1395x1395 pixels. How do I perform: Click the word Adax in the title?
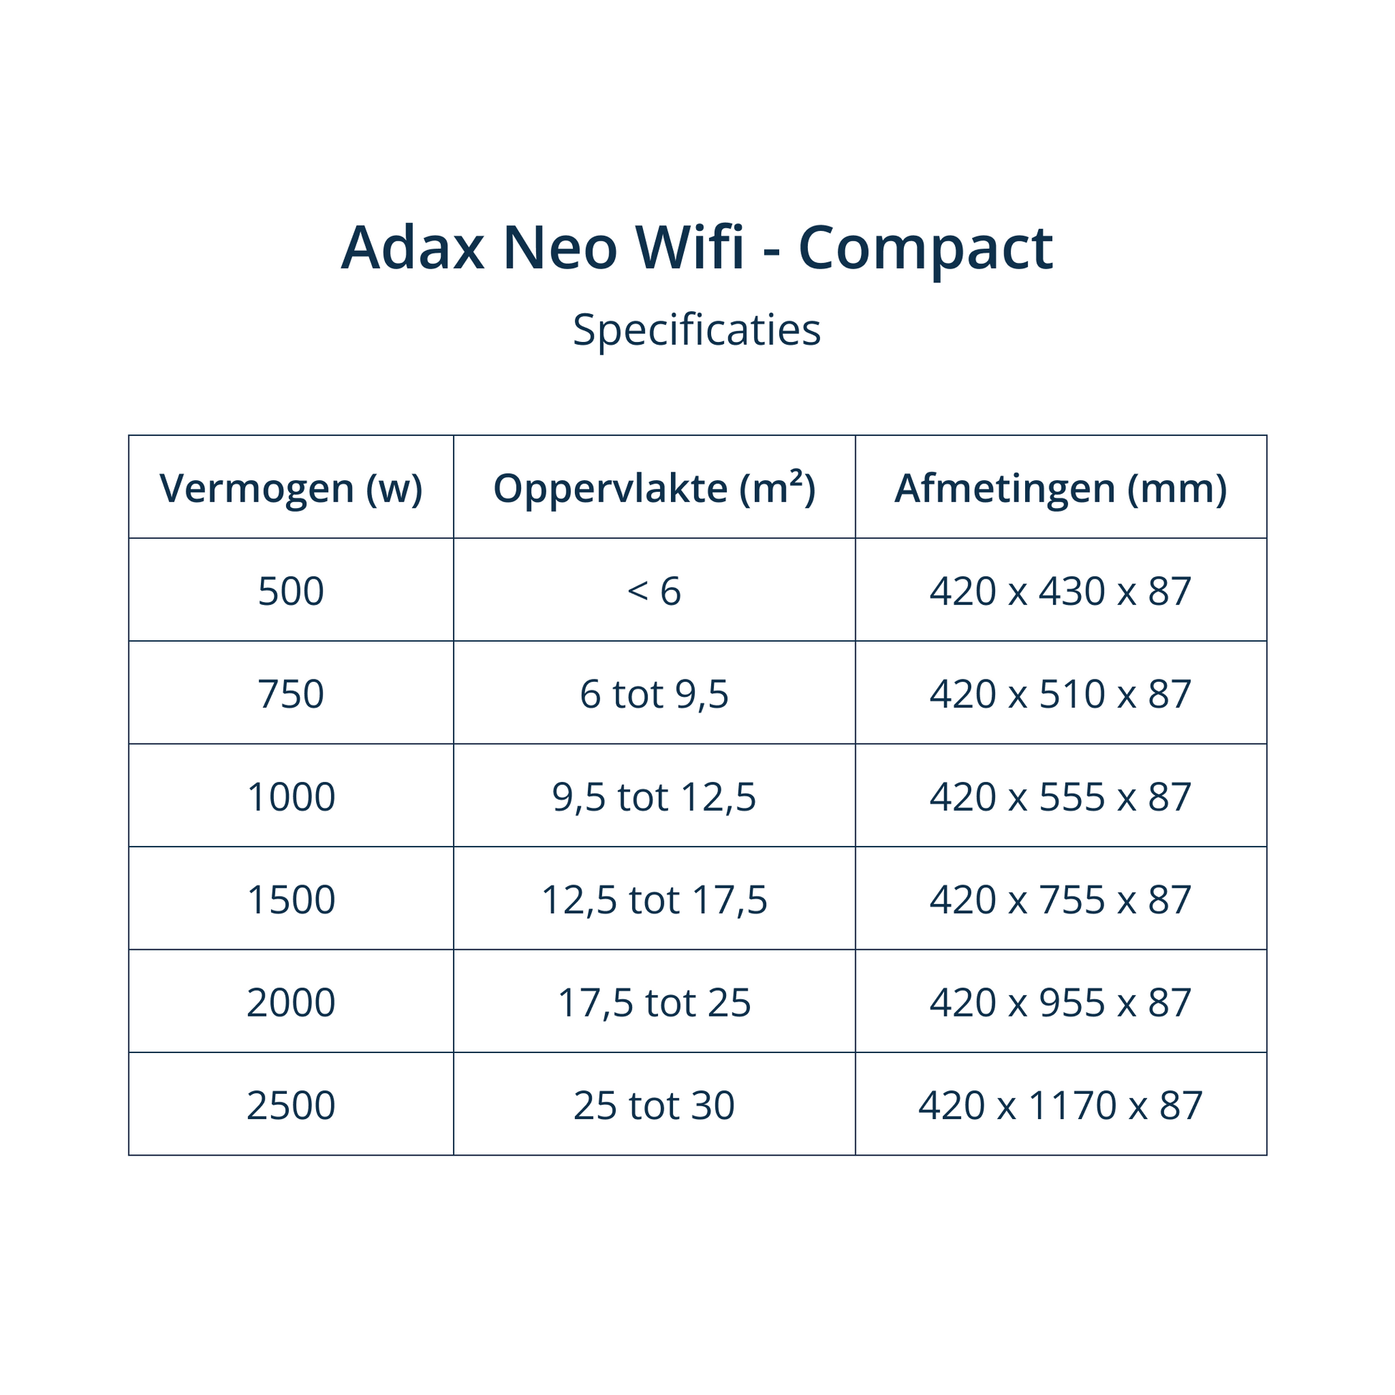tap(412, 247)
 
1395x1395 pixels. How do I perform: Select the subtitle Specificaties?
tap(697, 330)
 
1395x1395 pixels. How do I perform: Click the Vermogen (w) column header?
tap(291, 489)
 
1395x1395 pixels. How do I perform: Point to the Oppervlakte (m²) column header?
tap(654, 488)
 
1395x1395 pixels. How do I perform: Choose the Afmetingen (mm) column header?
tap(1061, 489)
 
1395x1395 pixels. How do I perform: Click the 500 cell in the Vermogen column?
tap(291, 591)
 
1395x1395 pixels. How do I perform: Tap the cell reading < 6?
tap(654, 591)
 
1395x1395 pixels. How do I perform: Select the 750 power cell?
tap(291, 694)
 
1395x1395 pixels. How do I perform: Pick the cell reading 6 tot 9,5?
tap(654, 695)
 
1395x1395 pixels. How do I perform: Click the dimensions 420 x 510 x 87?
tap(1061, 694)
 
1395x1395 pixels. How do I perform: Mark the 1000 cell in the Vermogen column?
tap(291, 797)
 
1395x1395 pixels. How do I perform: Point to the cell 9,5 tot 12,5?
tap(654, 798)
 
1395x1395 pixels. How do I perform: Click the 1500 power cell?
tap(291, 900)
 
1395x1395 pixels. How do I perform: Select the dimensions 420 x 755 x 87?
tap(1061, 900)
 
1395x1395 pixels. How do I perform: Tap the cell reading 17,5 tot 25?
tap(654, 1004)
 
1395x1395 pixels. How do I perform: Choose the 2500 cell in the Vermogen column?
tap(291, 1105)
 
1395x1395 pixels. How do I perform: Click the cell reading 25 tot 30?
tap(654, 1105)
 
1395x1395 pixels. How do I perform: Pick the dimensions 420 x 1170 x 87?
tap(1061, 1105)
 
